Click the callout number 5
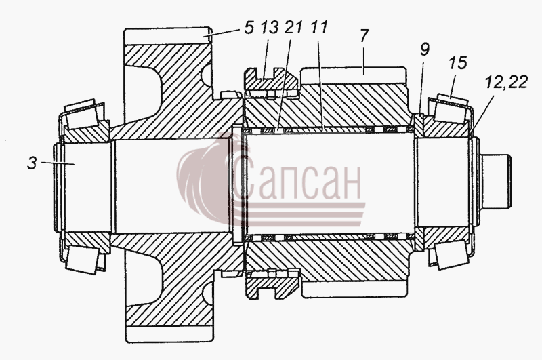[x=249, y=28]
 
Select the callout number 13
[x=270, y=28]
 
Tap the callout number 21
[x=293, y=28]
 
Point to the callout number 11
[x=318, y=28]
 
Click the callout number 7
[x=364, y=36]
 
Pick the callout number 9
[x=425, y=50]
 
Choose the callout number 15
[x=458, y=64]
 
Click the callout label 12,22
[x=506, y=83]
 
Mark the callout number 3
[x=32, y=163]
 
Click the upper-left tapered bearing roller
[x=82, y=114]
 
